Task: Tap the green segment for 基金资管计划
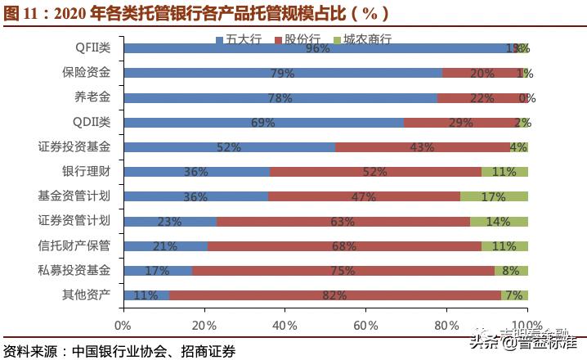[x=494, y=196]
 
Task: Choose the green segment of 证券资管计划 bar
[x=499, y=221]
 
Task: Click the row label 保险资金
[x=86, y=73]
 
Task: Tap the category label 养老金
[x=92, y=97]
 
